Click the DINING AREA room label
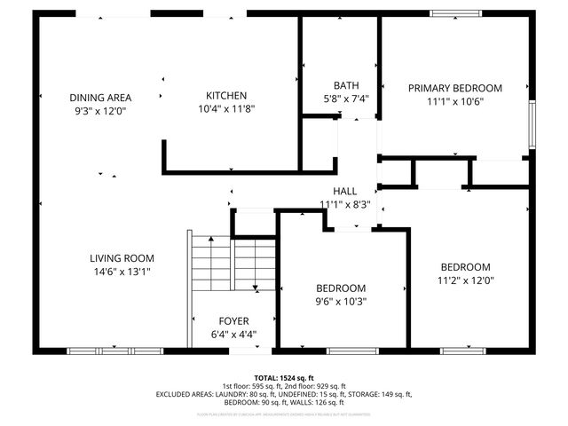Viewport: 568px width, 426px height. (x=100, y=98)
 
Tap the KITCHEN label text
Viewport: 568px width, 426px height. (x=226, y=96)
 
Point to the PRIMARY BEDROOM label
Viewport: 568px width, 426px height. (x=454, y=88)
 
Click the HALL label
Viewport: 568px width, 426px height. (x=344, y=192)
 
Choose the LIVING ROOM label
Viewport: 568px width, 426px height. (x=122, y=258)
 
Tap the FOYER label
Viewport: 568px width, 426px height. (x=234, y=320)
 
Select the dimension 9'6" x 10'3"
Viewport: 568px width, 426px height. (x=342, y=301)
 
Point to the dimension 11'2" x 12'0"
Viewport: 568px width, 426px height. (x=466, y=280)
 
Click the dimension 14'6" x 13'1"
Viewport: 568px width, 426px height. (x=122, y=272)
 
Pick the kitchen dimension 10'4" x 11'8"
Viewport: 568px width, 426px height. (x=226, y=108)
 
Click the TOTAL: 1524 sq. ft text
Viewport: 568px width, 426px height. (x=284, y=377)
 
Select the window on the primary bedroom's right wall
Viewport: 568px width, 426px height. (x=532, y=123)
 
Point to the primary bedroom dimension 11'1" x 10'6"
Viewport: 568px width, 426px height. (x=454, y=101)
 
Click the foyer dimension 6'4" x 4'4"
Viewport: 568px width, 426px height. (x=234, y=334)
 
